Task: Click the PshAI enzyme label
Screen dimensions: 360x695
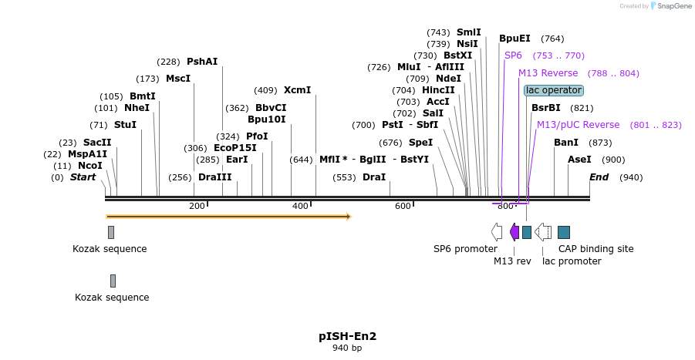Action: tap(202, 62)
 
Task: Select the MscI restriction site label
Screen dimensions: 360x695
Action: tap(178, 79)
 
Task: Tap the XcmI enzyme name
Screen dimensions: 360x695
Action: tap(297, 90)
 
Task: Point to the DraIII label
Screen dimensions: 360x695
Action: tap(214, 177)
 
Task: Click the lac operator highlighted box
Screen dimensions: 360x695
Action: tap(553, 90)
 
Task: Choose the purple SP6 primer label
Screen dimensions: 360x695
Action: tap(513, 56)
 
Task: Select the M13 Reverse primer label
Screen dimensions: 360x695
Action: tap(548, 73)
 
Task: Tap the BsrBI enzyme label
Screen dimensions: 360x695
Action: tap(545, 108)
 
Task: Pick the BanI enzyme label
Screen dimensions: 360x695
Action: tap(565, 143)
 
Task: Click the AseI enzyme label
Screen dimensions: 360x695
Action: tap(579, 160)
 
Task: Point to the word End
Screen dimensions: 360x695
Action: tap(599, 177)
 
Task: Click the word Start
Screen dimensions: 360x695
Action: tap(83, 177)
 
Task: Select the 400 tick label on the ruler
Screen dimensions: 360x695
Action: tap(300, 206)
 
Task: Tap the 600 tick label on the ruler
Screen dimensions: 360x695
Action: tap(403, 206)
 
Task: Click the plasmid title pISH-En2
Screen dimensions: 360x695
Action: tap(347, 336)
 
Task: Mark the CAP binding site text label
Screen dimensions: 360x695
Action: tap(595, 249)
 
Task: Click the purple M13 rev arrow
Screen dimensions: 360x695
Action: tap(515, 232)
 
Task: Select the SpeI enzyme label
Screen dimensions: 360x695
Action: tap(420, 143)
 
